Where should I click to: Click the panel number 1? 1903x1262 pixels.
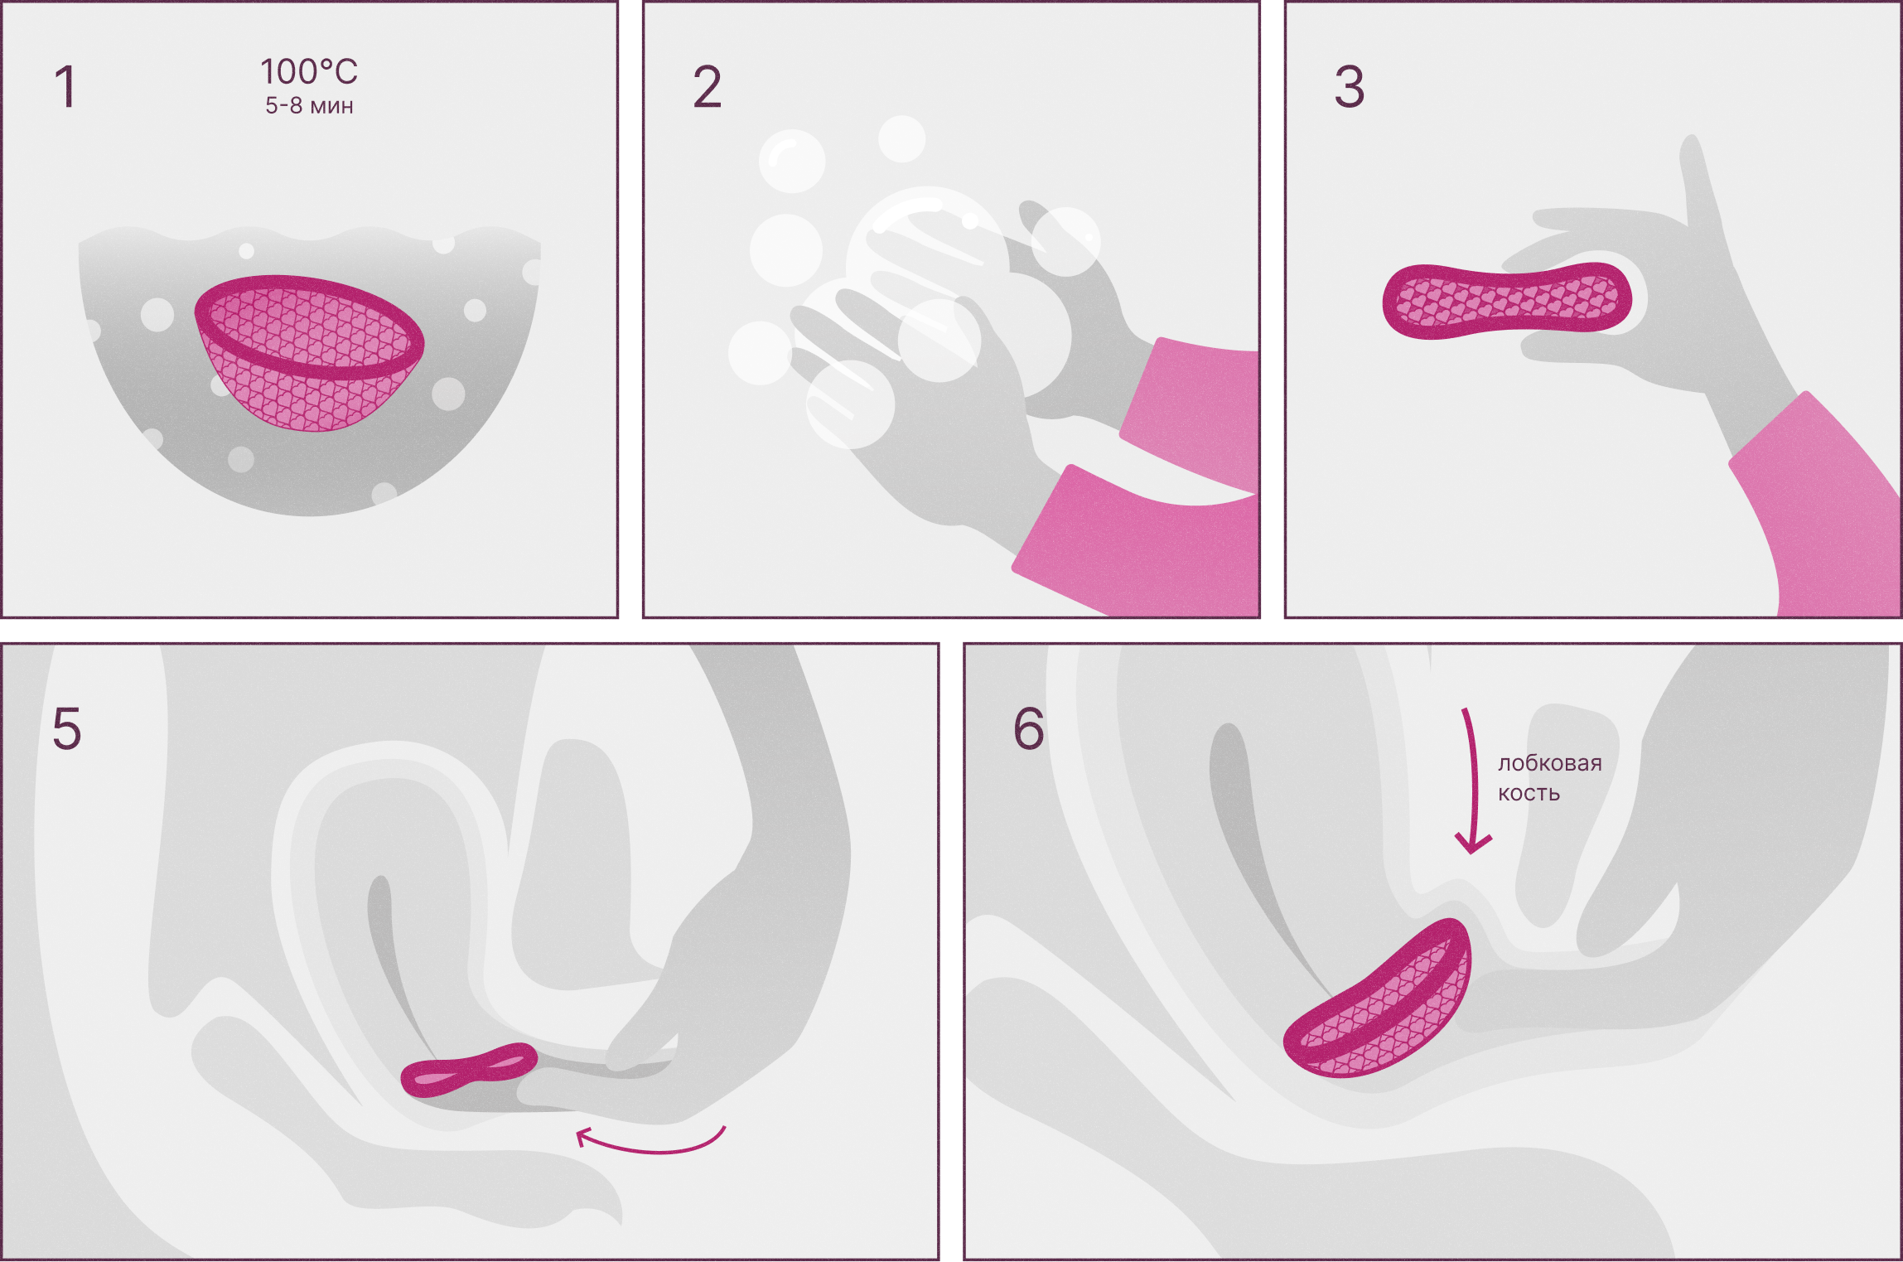[x=65, y=87]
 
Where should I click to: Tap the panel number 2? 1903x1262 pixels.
[x=707, y=87]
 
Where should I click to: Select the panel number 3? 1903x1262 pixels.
[x=1349, y=87]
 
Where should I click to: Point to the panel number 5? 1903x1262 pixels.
[x=66, y=729]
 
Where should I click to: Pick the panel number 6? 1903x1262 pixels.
[x=1028, y=729]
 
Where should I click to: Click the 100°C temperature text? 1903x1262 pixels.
[x=309, y=72]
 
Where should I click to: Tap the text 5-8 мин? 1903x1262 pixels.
[x=309, y=106]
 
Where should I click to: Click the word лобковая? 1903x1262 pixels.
[x=1549, y=763]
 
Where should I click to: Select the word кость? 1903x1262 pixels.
[x=1529, y=794]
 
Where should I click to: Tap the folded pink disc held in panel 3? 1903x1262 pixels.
[x=1506, y=301]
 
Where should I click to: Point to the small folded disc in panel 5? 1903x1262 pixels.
[x=469, y=1069]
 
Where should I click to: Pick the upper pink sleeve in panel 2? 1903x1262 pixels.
[x=1193, y=406]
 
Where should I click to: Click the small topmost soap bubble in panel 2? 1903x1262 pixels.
[x=901, y=138]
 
